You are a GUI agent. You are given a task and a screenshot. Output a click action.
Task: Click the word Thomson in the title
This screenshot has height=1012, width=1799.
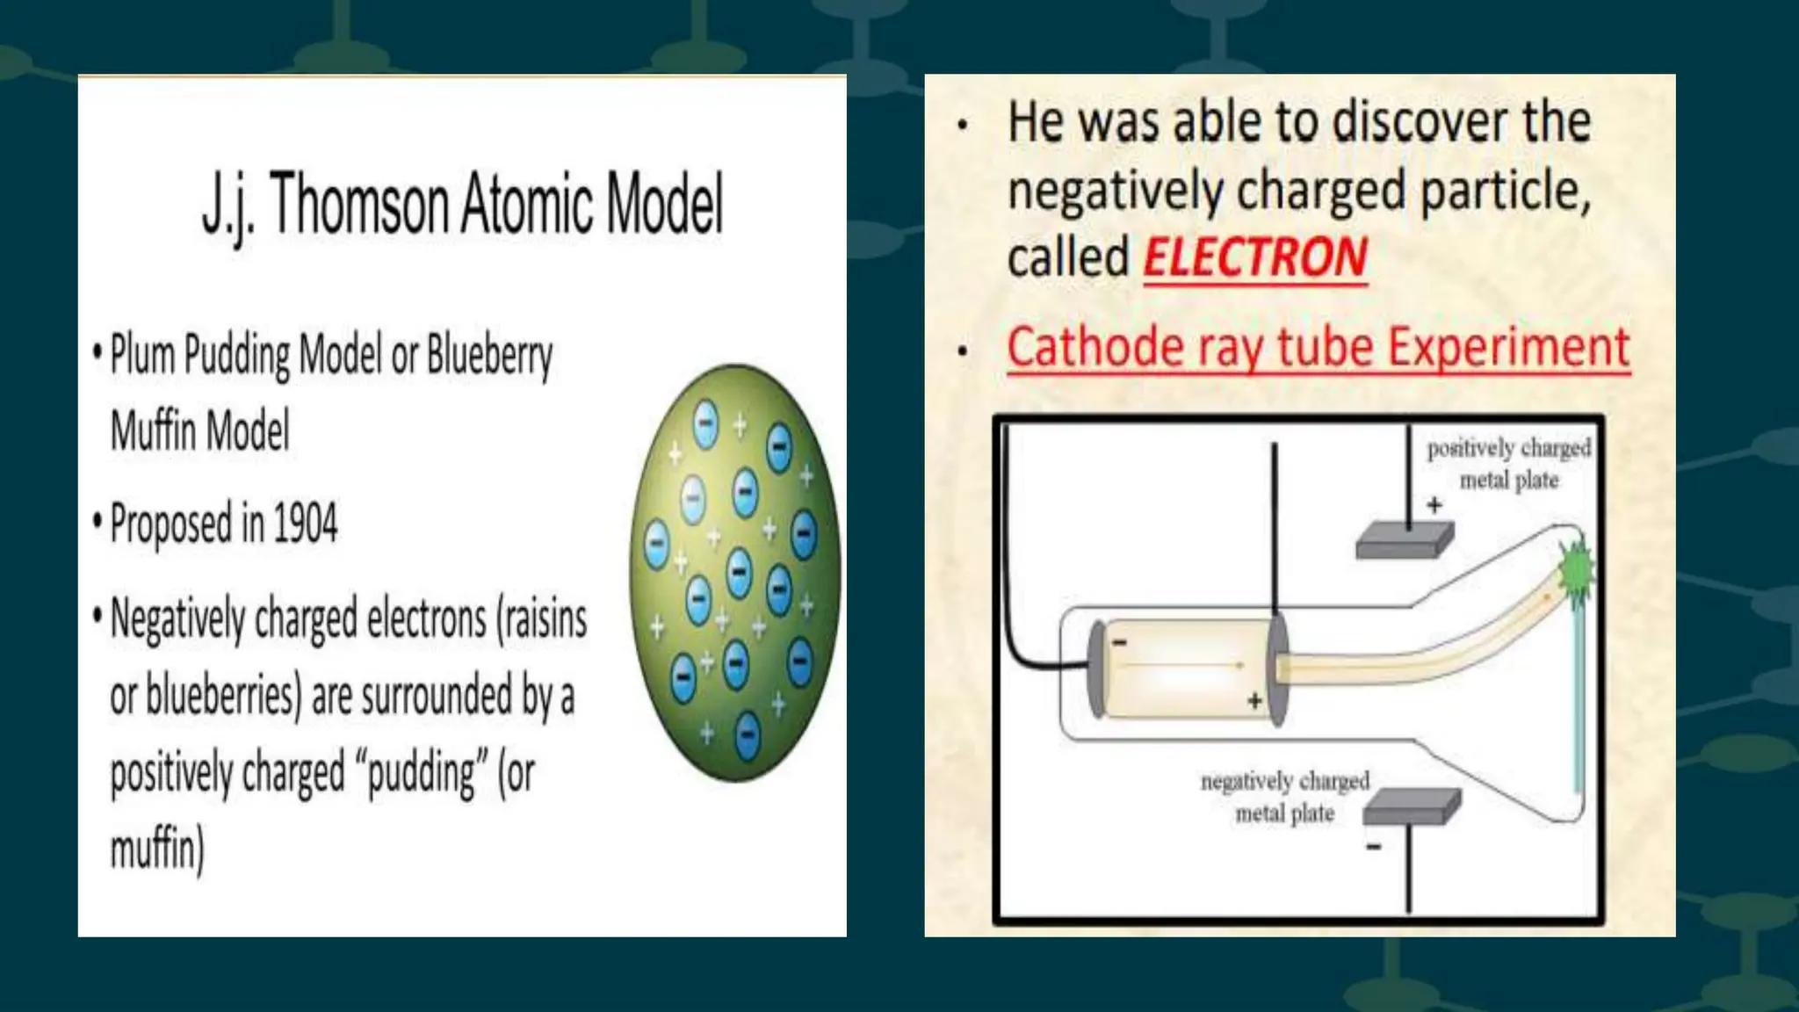(x=361, y=204)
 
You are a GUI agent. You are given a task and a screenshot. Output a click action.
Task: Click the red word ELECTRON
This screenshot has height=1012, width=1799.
(x=1255, y=257)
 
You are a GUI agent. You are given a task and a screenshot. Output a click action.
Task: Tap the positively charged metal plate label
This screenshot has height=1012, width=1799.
(x=1508, y=464)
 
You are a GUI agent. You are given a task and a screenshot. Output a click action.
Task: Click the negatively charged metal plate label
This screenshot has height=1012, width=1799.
(x=1284, y=797)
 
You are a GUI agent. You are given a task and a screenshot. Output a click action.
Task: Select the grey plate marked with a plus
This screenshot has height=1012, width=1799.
(x=1404, y=540)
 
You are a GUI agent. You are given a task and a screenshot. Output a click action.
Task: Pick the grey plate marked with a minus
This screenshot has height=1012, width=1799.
(x=1412, y=806)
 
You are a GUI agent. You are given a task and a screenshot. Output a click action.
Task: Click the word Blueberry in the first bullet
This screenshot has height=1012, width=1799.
(x=489, y=356)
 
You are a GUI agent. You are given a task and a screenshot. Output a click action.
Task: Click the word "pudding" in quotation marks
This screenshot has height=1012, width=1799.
(x=422, y=774)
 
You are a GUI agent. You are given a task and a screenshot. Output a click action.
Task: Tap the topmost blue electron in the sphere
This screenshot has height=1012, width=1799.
(x=705, y=425)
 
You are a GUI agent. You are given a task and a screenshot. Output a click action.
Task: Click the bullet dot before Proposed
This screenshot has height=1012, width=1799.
(x=98, y=521)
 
